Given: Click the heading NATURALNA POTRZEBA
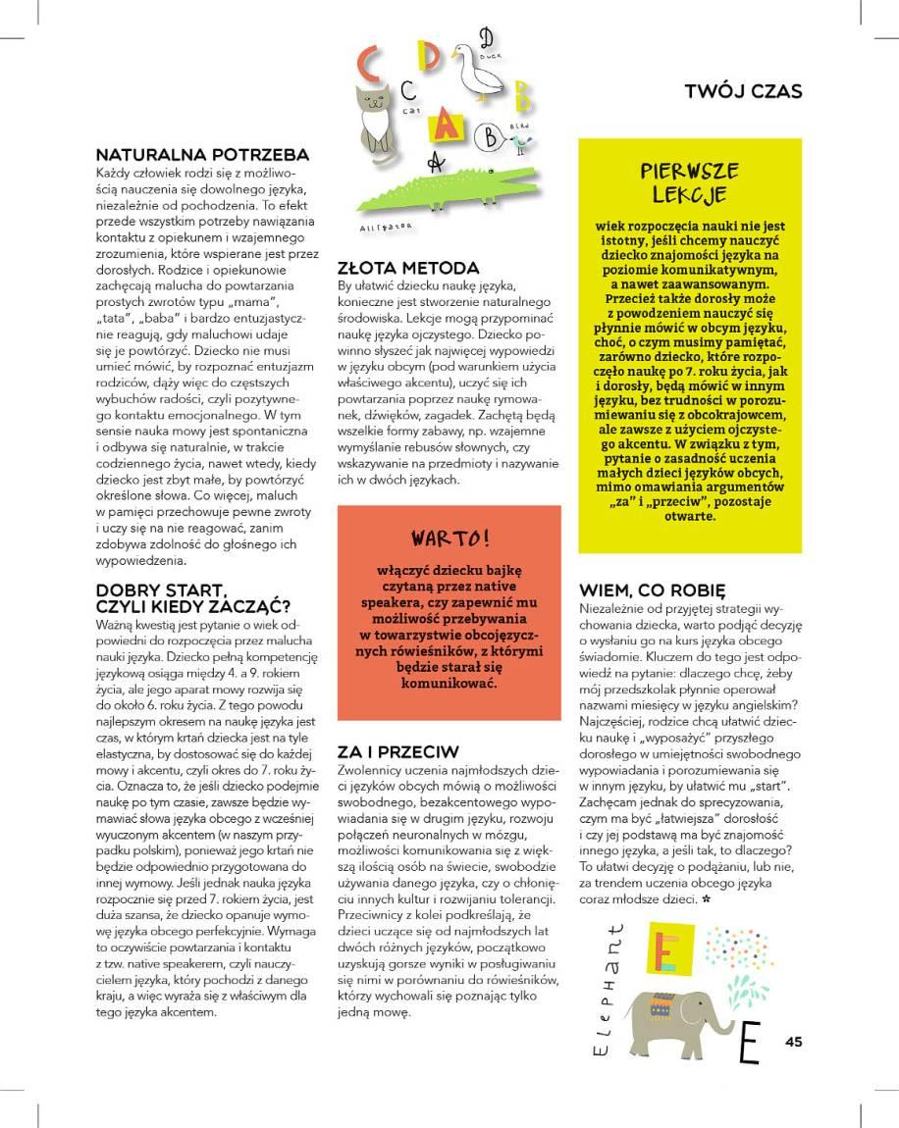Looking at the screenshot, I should tap(202, 154).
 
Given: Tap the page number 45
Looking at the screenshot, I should tap(794, 1042).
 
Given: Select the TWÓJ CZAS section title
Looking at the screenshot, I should tap(743, 91).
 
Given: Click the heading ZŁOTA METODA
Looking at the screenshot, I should tap(407, 267).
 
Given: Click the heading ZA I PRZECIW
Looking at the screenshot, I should tap(397, 751).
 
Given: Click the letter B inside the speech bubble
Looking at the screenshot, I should tap(488, 138).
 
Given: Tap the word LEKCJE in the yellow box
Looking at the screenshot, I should tap(689, 194).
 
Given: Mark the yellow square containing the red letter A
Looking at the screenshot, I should tap(447, 123).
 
